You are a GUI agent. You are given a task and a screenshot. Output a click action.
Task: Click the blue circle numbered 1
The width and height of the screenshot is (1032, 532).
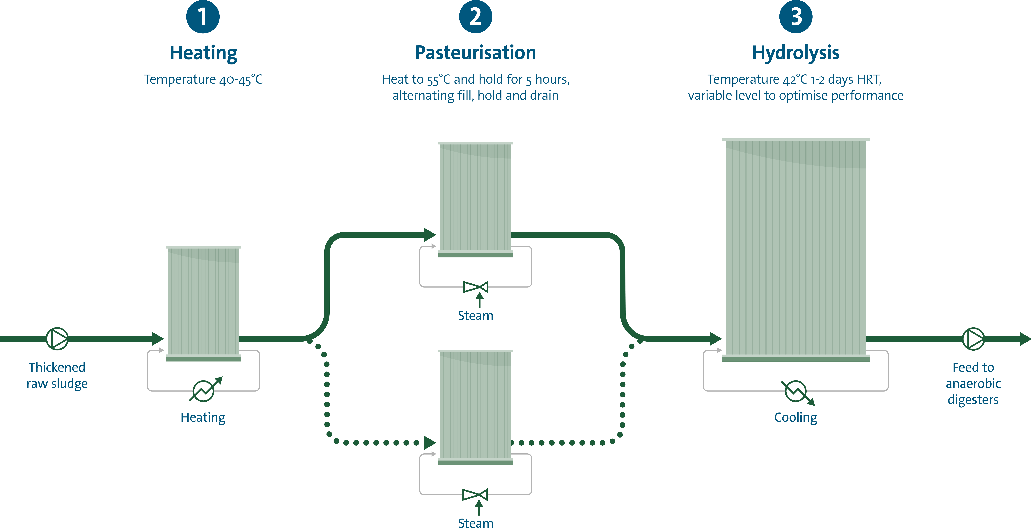click(x=203, y=17)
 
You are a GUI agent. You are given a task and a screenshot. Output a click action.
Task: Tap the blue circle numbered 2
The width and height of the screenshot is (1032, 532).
click(x=476, y=17)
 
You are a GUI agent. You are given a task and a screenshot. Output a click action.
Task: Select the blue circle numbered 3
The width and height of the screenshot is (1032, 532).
click(x=796, y=17)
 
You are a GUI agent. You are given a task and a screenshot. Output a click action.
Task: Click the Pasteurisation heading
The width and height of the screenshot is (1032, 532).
click(x=476, y=52)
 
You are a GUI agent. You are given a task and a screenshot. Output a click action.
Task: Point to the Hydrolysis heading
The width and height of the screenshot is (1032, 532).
click(x=796, y=52)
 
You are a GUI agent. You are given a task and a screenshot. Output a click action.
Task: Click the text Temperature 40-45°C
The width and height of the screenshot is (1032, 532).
click(x=203, y=79)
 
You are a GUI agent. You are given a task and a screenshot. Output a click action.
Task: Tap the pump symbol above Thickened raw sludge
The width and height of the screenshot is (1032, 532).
click(x=57, y=339)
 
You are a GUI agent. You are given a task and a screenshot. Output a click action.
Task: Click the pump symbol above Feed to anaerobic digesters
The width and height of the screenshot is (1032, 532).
click(x=973, y=339)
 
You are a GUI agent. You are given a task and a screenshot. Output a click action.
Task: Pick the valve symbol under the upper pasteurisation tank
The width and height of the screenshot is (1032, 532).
click(x=476, y=287)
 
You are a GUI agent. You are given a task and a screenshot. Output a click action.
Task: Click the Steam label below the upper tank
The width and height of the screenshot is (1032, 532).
click(x=476, y=315)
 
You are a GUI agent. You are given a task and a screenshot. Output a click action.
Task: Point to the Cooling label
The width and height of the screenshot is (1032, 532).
click(x=796, y=417)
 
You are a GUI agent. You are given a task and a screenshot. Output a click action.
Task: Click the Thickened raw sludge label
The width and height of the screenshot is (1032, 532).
click(x=57, y=375)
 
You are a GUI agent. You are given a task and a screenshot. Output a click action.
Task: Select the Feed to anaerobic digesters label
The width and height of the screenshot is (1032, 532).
click(x=973, y=383)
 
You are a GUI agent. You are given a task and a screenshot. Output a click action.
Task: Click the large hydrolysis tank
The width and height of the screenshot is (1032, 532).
click(x=796, y=249)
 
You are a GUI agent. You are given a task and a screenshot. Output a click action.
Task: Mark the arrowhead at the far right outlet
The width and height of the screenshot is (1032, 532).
click(x=1025, y=339)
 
